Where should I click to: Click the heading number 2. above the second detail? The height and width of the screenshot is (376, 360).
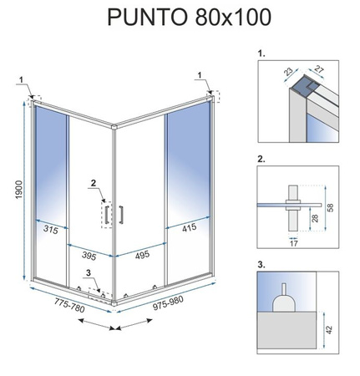point(261,159)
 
